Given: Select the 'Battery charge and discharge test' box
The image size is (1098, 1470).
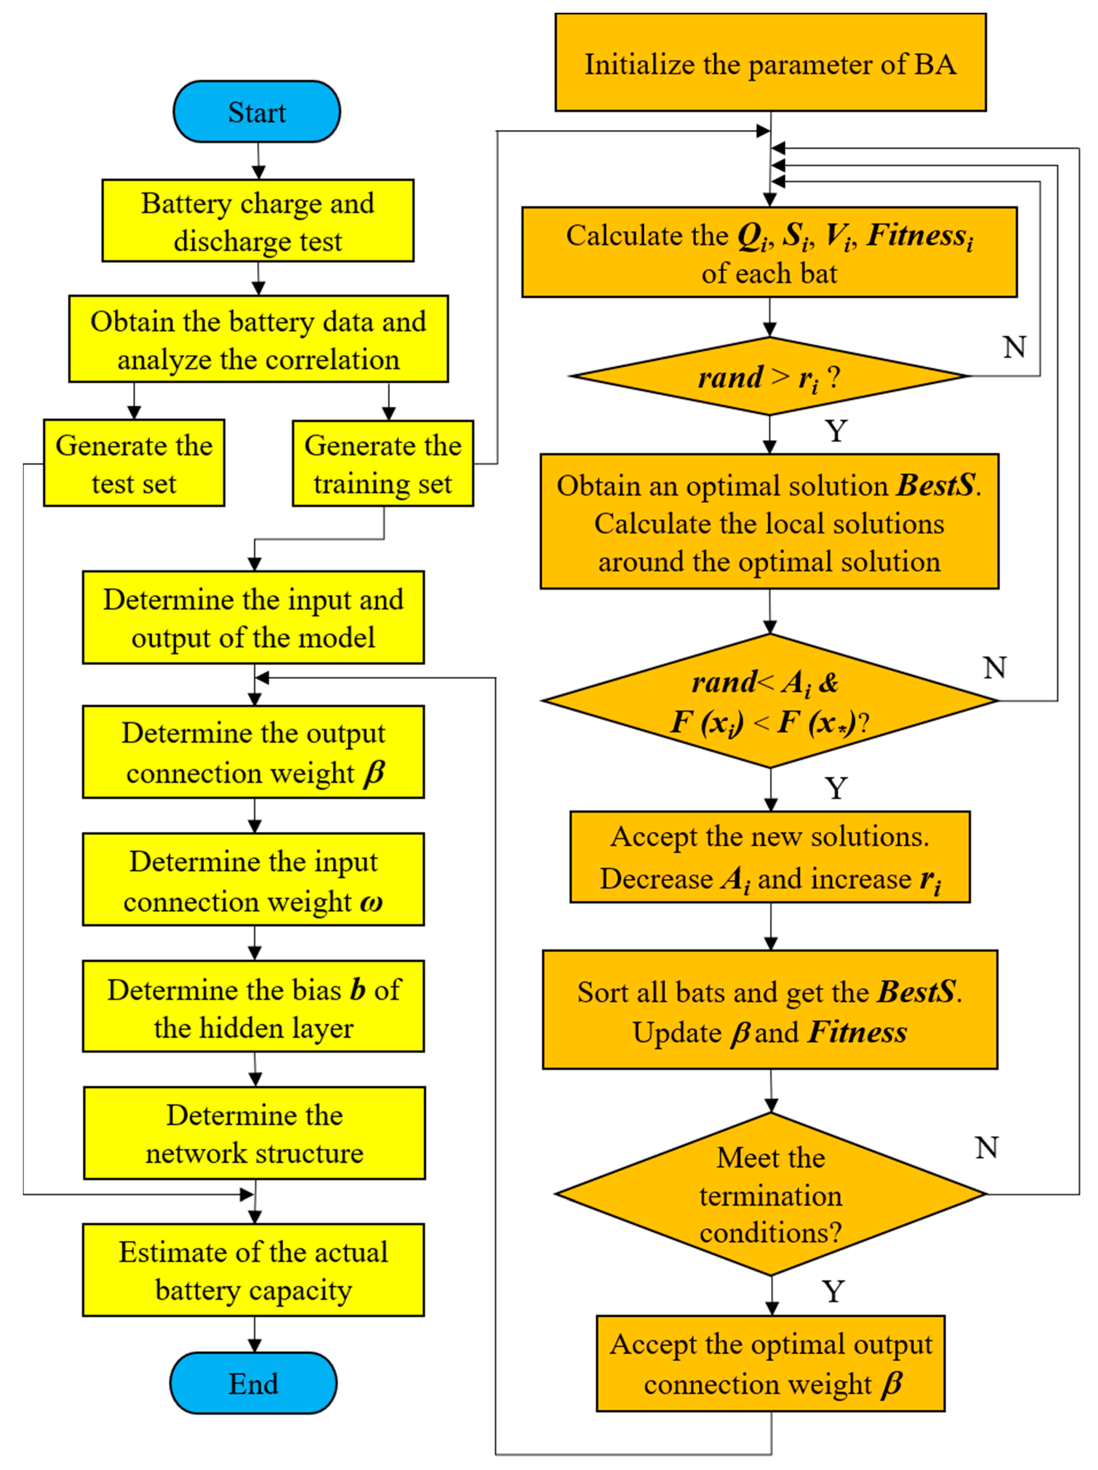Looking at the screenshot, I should (258, 221).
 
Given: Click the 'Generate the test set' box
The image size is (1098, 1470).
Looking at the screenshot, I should (134, 463).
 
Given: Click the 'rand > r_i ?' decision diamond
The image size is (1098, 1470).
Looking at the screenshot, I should (769, 377).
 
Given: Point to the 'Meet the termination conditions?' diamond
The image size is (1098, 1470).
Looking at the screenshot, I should (770, 1194).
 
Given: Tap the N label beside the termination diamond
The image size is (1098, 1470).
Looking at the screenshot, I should (986, 1148).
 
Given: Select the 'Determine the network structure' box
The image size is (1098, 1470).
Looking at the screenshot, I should (254, 1134).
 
